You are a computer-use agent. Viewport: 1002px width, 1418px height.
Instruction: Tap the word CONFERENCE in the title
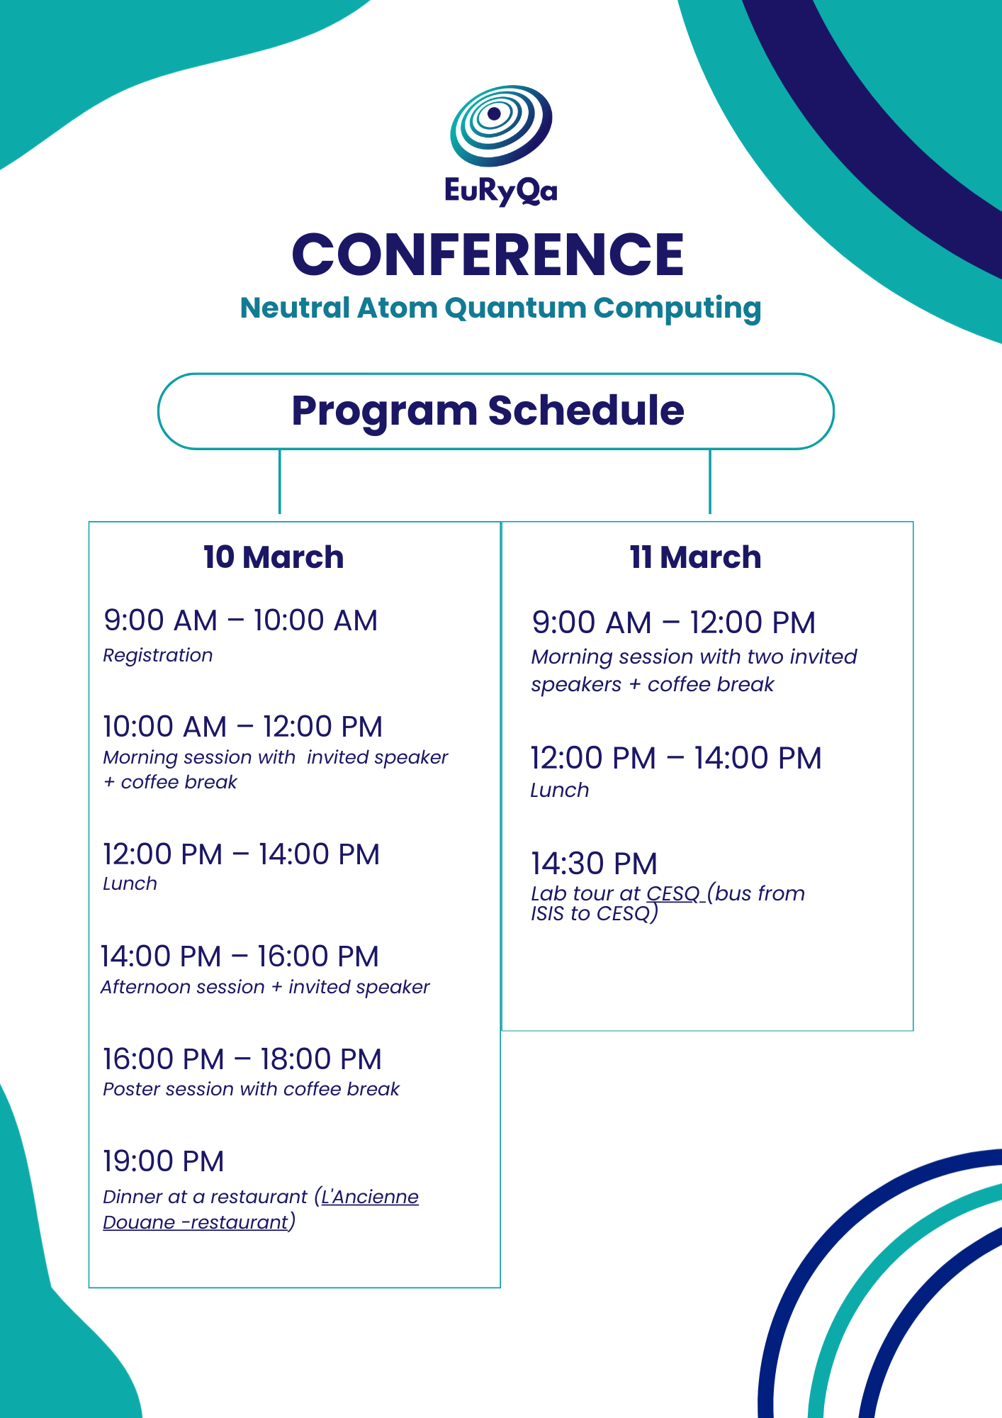tap(488, 255)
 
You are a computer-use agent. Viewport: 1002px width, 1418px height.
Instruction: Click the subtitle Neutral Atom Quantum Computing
tap(500, 308)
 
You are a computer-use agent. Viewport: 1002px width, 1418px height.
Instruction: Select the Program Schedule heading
tap(488, 411)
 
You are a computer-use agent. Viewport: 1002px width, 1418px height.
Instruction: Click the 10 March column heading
tap(274, 557)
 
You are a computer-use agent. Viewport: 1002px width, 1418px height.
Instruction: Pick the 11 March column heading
tap(695, 557)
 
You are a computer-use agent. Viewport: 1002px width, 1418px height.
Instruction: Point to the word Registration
tap(158, 656)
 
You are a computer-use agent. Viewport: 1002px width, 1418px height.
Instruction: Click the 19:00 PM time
tap(164, 1161)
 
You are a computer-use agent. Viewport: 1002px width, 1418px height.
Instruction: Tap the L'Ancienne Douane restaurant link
tap(261, 1210)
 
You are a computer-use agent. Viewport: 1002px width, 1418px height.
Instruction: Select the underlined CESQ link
tap(673, 893)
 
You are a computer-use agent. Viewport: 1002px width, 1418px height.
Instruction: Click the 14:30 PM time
tap(595, 864)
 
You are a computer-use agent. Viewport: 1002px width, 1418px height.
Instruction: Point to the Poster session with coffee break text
tap(252, 1089)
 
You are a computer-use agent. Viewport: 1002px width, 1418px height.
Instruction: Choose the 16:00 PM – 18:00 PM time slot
tap(242, 1059)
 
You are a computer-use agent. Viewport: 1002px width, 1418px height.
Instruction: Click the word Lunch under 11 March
tap(560, 791)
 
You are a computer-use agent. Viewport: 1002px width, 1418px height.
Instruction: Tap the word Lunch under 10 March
tap(130, 884)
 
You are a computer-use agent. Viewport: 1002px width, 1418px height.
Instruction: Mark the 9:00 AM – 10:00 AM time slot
tap(241, 620)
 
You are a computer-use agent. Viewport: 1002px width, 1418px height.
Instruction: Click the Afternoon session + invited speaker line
tap(265, 987)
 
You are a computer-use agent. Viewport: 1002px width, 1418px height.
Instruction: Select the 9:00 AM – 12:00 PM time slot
tap(674, 623)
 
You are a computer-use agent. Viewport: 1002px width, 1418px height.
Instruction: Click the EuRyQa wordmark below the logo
tap(501, 190)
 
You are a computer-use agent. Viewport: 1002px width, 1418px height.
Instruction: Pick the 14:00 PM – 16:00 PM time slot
tap(240, 956)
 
